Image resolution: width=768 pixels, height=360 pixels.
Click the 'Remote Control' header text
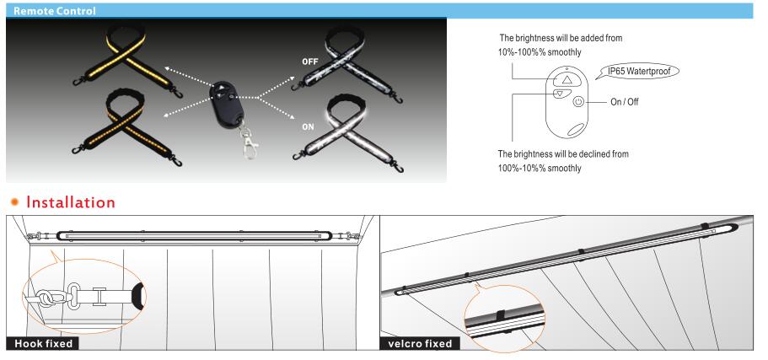point(54,11)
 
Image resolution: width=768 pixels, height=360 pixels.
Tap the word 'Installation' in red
point(71,201)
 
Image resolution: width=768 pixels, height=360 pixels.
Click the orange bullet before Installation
point(15,201)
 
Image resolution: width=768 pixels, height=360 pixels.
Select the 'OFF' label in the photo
point(310,62)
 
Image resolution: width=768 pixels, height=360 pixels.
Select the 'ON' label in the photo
point(308,126)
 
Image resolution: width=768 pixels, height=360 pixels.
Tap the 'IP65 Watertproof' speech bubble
point(641,72)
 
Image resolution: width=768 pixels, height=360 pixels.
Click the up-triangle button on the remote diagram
point(567,79)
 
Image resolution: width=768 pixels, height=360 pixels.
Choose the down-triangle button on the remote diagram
point(561,93)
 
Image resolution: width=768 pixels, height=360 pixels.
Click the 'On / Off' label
point(625,102)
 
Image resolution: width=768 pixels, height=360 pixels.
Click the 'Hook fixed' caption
point(43,344)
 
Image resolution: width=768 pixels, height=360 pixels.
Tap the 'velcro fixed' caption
point(420,344)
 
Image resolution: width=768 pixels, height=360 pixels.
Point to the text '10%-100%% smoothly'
point(536,52)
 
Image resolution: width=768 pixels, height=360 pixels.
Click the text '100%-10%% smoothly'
point(540,169)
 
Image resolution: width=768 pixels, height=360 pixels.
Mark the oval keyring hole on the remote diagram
point(577,130)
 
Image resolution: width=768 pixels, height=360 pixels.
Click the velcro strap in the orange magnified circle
point(501,315)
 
